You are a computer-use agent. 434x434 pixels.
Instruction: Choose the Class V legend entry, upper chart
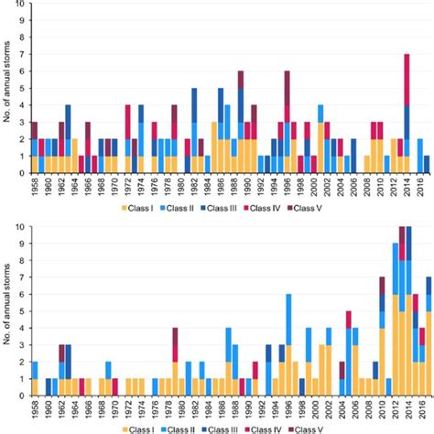304,209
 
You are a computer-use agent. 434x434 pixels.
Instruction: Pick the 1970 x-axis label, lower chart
114,407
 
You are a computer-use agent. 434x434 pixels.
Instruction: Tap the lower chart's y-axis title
7,311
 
